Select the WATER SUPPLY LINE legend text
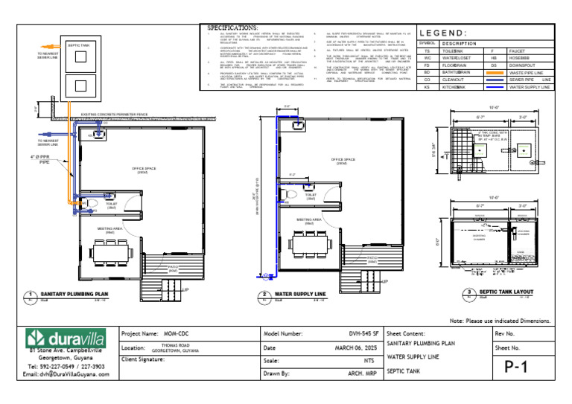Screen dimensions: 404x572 (x=529, y=87)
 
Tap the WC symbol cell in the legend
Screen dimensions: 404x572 (x=427, y=57)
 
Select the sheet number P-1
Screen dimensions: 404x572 (x=521, y=367)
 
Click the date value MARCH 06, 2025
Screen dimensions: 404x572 (x=353, y=347)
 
